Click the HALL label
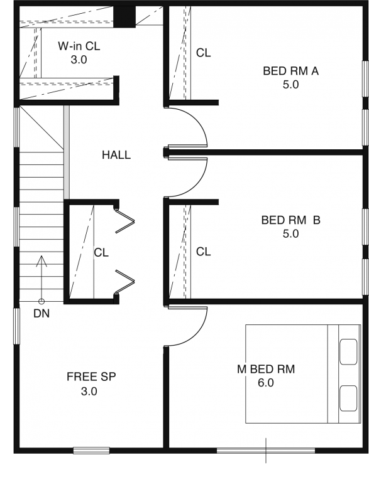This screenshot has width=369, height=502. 116,155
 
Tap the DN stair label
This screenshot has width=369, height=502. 41,314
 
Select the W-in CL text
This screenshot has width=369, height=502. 79,46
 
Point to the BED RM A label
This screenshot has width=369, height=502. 291,71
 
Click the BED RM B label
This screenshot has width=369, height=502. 291,220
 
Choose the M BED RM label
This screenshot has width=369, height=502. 266,369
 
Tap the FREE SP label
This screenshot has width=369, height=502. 91,377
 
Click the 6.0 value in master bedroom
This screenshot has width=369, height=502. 266,383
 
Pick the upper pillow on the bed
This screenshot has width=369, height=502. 348,351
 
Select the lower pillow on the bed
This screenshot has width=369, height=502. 348,398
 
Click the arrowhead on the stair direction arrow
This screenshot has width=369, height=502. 41,261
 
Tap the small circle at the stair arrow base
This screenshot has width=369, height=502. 41,301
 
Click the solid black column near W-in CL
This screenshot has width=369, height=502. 124,17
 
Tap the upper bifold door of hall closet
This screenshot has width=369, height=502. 125,220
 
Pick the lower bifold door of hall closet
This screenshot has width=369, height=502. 125,282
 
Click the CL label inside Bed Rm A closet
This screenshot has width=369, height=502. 203,53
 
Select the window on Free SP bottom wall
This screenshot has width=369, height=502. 91,451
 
